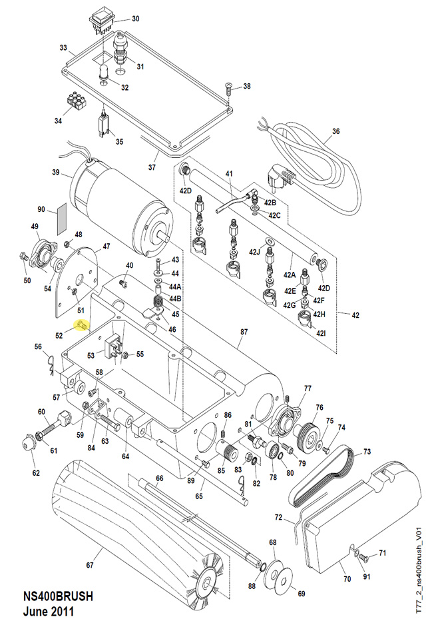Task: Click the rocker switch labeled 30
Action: coord(103,20)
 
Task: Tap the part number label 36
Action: coord(335,131)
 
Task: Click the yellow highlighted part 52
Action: coord(82,325)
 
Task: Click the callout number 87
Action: coord(244,331)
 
